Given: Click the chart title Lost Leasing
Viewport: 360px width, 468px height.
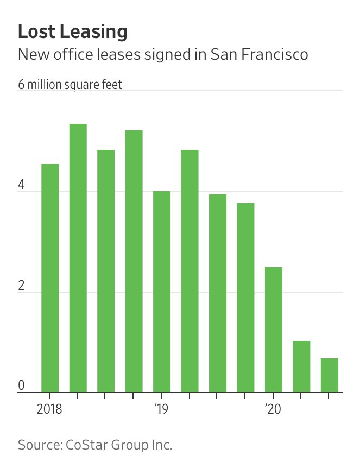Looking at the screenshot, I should pyautogui.click(x=72, y=32).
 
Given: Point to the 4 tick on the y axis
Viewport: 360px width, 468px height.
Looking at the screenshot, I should pyautogui.click(x=22, y=185).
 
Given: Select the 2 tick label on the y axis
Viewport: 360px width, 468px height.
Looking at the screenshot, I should pyautogui.click(x=22, y=286).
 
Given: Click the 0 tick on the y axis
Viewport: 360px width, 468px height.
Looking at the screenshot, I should pyautogui.click(x=22, y=386).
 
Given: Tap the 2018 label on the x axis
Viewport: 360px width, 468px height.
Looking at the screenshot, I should pyautogui.click(x=50, y=408).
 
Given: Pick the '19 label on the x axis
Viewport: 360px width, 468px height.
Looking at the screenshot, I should pyautogui.click(x=161, y=408).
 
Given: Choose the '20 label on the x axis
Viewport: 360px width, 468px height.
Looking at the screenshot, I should pyautogui.click(x=273, y=408).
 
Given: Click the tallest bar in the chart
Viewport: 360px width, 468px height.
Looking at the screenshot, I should pyautogui.click(x=78, y=258).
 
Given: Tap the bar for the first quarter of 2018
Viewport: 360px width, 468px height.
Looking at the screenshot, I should pyautogui.click(x=50, y=277).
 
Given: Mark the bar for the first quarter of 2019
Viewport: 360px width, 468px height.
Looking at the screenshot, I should pyautogui.click(x=162, y=291).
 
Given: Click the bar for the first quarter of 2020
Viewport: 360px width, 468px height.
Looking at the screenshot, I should pyautogui.click(x=274, y=329).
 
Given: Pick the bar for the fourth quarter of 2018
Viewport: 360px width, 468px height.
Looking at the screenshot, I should pyautogui.click(x=134, y=261).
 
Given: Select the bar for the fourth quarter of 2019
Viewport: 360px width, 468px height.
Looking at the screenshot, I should pyautogui.click(x=245, y=297).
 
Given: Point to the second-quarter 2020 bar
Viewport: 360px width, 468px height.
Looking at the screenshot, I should pyautogui.click(x=301, y=366).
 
